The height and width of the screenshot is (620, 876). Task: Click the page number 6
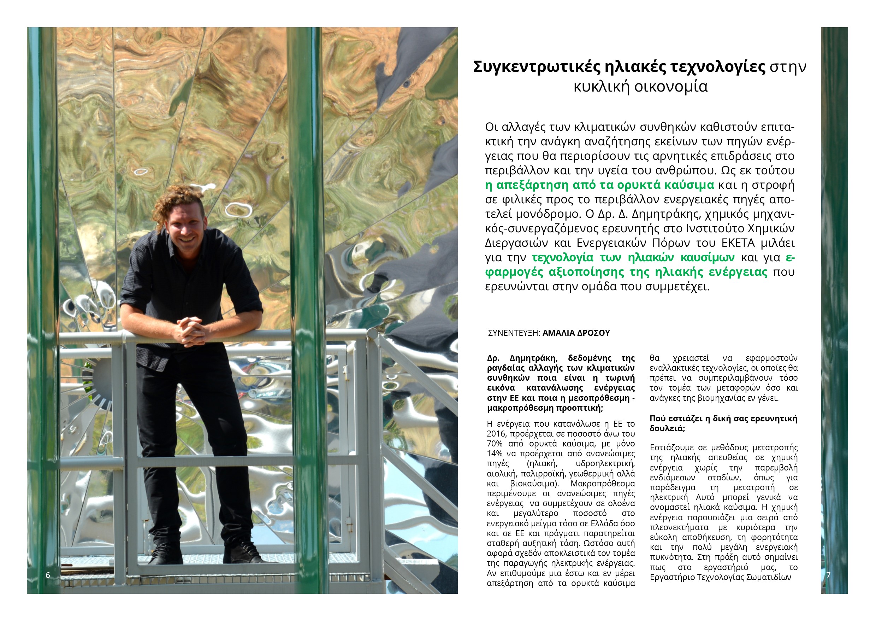48,575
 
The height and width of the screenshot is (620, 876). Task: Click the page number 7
828,575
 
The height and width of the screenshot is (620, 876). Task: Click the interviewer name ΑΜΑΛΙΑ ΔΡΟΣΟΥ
576,333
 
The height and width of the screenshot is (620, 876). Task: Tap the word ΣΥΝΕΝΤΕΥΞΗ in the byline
514,333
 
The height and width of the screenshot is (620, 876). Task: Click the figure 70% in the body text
495,444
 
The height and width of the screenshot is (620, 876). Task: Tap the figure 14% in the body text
495,454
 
